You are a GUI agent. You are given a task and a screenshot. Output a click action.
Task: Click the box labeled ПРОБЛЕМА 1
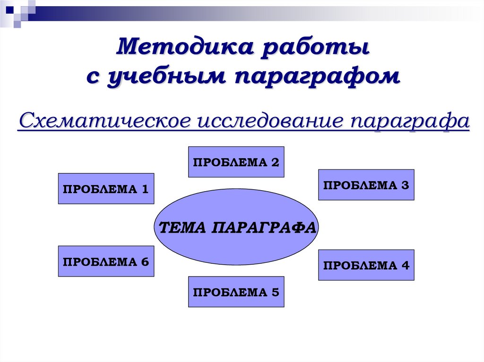tap(106, 188)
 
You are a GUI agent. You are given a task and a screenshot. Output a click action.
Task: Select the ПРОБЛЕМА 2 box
tap(236, 162)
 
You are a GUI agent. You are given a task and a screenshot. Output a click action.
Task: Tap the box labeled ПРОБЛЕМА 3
tap(366, 185)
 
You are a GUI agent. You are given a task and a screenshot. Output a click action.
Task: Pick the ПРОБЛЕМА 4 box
tap(366, 265)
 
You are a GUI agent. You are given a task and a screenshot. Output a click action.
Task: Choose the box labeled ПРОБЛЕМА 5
tap(236, 292)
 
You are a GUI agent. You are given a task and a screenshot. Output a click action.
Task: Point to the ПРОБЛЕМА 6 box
tap(106, 261)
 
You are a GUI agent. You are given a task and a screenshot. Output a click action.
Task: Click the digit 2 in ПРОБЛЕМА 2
tap(275, 162)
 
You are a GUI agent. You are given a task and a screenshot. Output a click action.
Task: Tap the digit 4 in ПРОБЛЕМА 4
tap(405, 265)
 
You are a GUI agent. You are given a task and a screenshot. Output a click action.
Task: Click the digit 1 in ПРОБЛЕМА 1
tap(145, 189)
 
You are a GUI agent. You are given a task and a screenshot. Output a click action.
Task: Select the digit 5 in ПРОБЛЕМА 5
tap(275, 292)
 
